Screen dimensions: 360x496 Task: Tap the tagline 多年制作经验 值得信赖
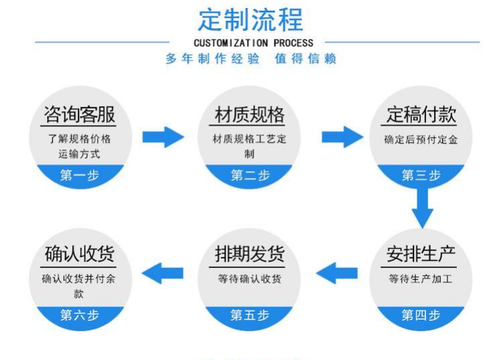(250, 59)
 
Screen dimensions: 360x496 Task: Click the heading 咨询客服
(79, 114)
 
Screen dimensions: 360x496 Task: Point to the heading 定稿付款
(421, 114)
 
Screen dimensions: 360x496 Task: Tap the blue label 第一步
(79, 175)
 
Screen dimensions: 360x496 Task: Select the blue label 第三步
(421, 175)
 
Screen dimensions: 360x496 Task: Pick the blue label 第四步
(421, 314)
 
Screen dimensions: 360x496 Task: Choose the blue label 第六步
(79, 314)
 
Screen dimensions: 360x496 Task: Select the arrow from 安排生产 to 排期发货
(336, 273)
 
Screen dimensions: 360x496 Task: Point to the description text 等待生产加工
(421, 279)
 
